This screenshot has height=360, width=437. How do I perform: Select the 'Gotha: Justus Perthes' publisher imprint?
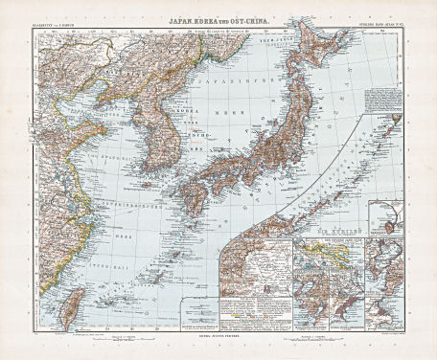(x=218, y=338)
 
